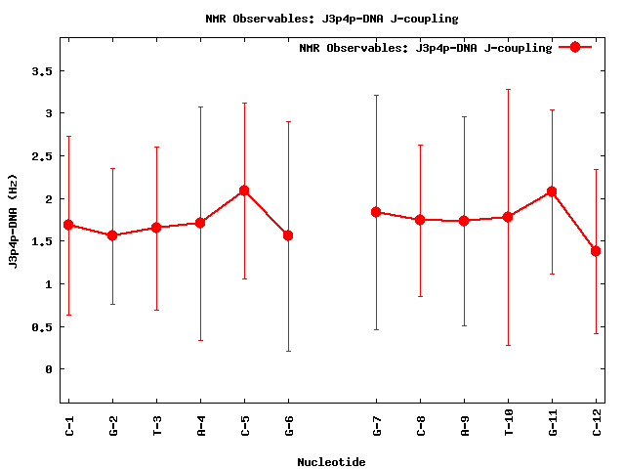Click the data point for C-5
point(244,191)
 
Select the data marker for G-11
point(552,192)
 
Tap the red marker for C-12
point(596,251)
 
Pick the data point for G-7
point(376,212)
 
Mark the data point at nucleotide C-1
point(68,225)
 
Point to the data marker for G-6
point(288,235)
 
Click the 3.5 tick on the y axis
point(40,71)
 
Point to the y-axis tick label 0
point(47,369)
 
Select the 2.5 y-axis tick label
point(40,156)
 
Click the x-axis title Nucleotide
point(331,462)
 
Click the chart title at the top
point(331,18)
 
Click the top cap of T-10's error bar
point(508,90)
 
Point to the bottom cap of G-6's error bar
point(288,351)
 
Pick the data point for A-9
point(464,221)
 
